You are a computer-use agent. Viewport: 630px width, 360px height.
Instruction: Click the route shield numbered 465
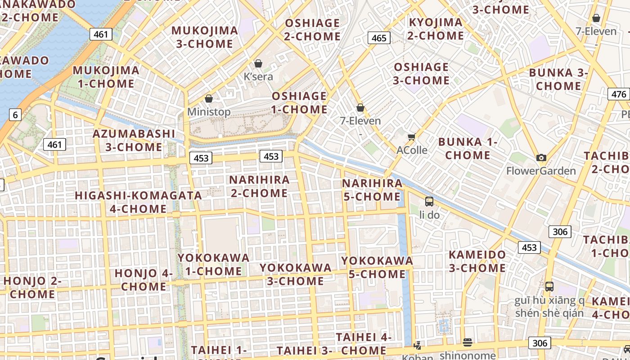(x=379, y=38)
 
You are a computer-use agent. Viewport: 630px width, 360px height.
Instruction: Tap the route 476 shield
(x=619, y=94)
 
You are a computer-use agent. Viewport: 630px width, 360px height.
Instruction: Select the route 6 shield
(x=15, y=115)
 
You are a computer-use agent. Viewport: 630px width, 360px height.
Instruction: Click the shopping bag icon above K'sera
(x=258, y=63)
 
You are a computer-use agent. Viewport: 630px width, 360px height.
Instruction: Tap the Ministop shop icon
(x=209, y=99)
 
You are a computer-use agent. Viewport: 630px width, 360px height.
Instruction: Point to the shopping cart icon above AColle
(x=411, y=137)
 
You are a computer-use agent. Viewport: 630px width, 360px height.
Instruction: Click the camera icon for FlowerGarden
(x=541, y=157)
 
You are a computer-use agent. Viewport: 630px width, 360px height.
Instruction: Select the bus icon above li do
(x=429, y=201)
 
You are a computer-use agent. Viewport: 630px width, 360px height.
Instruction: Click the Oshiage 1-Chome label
(x=299, y=103)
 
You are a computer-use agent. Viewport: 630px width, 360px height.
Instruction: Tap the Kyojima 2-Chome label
(x=435, y=29)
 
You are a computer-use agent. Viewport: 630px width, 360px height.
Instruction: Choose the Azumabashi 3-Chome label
(x=134, y=140)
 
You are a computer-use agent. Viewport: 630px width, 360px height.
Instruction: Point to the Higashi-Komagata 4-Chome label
(x=138, y=202)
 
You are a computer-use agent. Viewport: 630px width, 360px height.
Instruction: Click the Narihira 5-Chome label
(x=372, y=190)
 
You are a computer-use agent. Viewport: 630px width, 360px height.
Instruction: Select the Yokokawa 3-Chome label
(x=295, y=274)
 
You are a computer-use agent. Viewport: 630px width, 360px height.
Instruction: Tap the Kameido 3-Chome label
(x=477, y=261)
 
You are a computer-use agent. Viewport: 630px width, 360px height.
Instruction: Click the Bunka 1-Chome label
(x=468, y=148)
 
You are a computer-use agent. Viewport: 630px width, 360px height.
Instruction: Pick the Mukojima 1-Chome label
(x=106, y=77)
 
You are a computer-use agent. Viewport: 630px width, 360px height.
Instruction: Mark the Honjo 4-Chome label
(x=144, y=279)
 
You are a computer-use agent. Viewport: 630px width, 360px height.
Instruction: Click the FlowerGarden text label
(x=541, y=171)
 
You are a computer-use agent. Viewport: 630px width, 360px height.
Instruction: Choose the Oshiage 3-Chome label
(x=421, y=74)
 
